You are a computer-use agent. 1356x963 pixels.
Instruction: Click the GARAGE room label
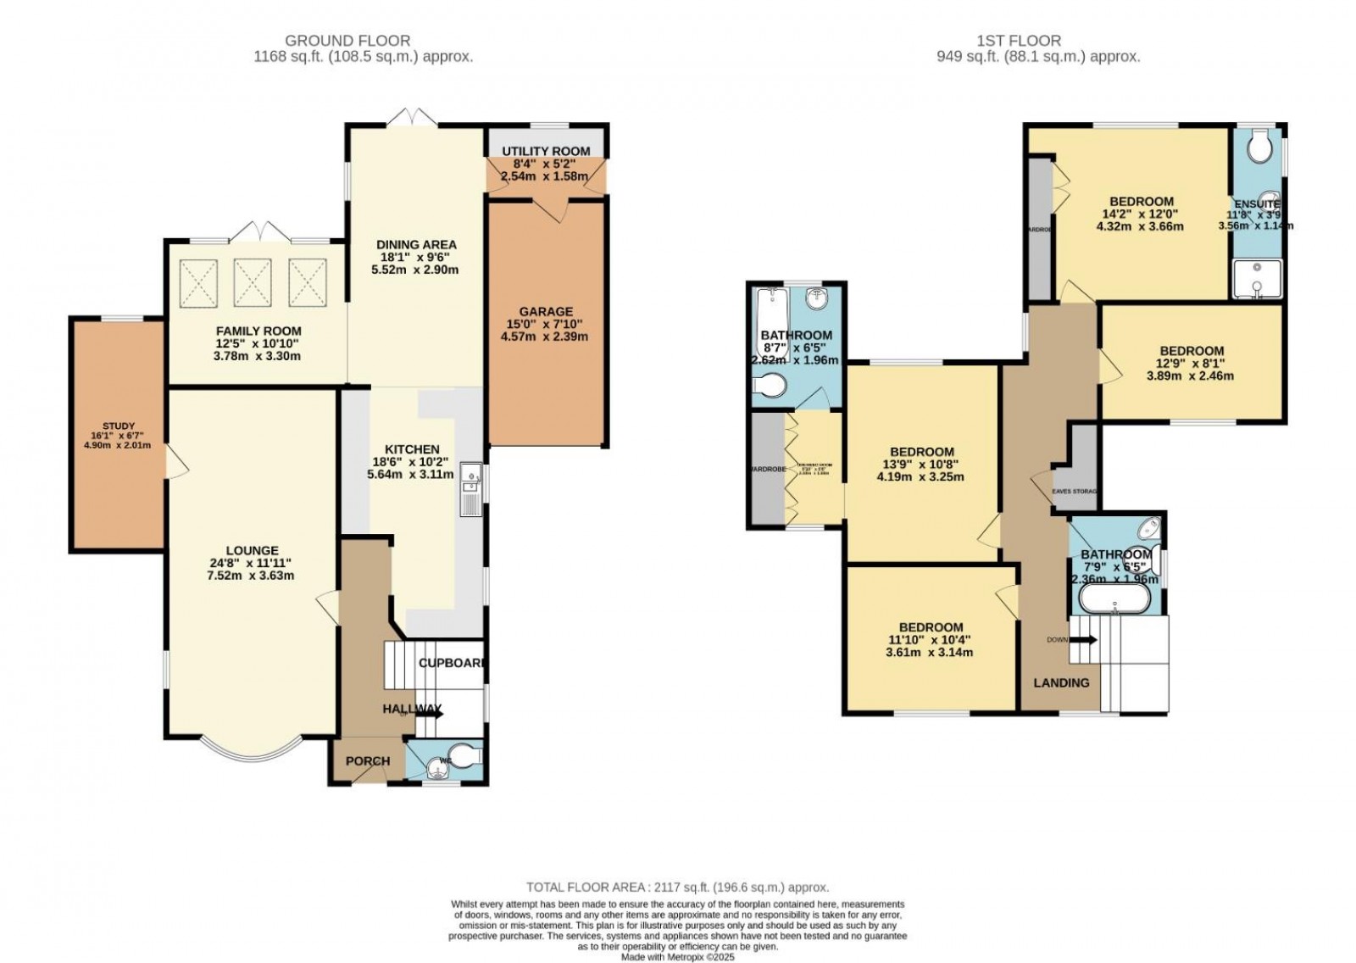546,311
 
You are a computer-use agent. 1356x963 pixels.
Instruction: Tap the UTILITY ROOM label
546,152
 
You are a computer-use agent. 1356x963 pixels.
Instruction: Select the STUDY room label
119,426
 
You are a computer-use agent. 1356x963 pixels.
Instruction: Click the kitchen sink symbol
470,490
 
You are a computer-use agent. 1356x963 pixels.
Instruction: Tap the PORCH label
368,761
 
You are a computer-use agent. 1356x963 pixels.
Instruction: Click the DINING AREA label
415,245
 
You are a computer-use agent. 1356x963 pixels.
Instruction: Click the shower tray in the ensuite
1257,280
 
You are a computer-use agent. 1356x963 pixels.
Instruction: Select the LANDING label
1061,683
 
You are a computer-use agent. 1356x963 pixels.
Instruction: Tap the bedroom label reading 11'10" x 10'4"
931,627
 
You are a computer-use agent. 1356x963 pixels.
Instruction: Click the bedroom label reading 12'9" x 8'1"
1192,351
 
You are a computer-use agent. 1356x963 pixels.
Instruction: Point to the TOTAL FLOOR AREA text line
677,888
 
